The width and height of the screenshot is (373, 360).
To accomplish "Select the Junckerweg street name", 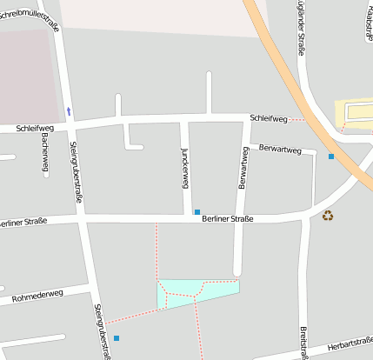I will coord(184,167).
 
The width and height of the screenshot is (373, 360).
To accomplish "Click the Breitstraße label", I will coord(304,342).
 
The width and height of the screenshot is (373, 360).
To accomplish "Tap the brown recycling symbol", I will coord(328,215).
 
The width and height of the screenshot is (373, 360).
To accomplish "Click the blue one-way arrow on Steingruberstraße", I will coord(69,111).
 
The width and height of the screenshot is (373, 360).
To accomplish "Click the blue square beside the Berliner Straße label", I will coord(197,211).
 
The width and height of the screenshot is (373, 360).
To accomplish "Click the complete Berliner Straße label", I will coord(227,218).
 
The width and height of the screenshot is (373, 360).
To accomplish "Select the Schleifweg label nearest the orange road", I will coord(266,117).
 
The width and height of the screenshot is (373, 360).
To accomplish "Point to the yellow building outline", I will coord(354,111).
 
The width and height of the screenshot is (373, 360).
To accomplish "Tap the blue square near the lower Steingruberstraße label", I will coord(117,337).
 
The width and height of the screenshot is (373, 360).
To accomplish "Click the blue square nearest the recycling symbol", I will coord(331,157).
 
